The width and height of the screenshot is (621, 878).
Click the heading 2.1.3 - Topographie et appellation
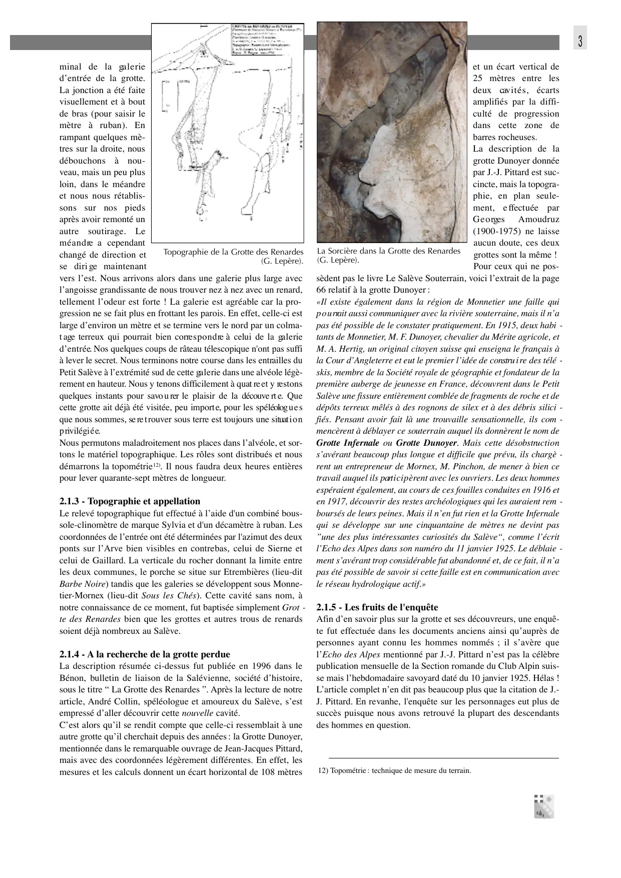130,501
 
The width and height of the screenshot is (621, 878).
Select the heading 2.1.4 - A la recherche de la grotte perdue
145,654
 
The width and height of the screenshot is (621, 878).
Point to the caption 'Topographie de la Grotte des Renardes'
233,252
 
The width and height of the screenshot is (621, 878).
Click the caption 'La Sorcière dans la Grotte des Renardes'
388,251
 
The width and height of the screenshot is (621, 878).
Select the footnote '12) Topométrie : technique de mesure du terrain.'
394,770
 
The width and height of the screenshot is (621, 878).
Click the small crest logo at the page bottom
544,806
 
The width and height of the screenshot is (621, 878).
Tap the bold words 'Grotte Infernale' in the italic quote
347,443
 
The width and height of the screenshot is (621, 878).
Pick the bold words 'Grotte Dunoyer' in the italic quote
426,443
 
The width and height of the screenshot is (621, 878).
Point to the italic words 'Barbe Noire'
83,584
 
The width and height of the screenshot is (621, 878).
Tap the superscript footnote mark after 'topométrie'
156,465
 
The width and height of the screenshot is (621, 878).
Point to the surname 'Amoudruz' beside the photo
538,220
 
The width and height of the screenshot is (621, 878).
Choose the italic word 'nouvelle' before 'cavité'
197,713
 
